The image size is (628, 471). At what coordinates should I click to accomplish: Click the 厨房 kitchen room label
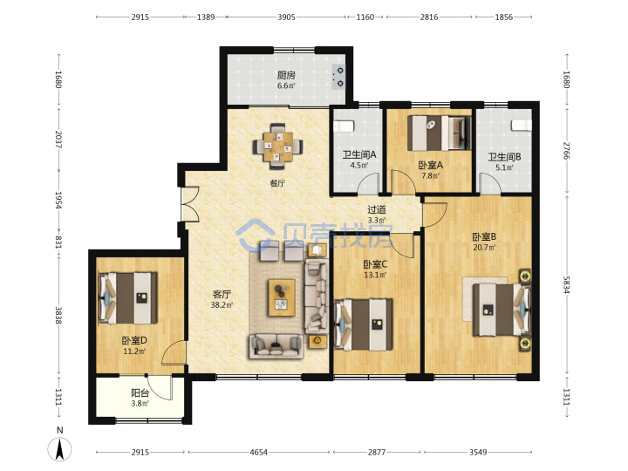click(286, 75)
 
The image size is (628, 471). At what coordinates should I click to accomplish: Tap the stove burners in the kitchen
click(338, 77)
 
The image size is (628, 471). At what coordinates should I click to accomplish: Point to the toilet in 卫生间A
click(344, 126)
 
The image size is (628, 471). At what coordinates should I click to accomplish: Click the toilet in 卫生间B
click(521, 125)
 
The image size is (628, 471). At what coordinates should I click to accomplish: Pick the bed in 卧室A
click(439, 133)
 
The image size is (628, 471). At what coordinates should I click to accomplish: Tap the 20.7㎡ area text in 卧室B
click(484, 248)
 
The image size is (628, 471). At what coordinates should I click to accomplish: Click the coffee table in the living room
click(282, 297)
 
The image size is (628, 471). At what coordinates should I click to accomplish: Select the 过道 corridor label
click(377, 209)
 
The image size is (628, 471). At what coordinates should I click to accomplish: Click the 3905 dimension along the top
click(286, 17)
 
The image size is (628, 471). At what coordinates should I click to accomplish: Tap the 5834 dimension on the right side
click(566, 284)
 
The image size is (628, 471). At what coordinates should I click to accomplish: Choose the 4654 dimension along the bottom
click(258, 452)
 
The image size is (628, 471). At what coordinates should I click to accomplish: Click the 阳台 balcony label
click(140, 392)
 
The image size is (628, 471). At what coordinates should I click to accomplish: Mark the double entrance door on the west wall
click(190, 204)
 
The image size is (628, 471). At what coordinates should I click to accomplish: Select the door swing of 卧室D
click(174, 352)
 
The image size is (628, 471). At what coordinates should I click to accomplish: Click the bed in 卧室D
click(127, 298)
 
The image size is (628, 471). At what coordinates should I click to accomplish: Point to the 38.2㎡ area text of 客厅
click(222, 305)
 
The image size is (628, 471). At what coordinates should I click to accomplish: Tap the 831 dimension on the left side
click(58, 242)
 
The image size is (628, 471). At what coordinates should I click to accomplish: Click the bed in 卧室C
click(363, 324)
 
